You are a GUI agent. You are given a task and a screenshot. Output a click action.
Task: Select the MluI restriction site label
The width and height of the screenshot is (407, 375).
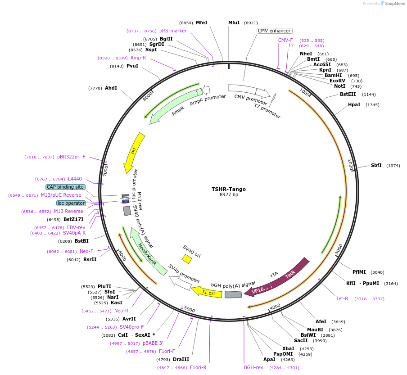tap(234, 23)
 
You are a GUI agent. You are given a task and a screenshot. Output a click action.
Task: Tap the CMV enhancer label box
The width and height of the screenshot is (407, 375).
tap(274, 31)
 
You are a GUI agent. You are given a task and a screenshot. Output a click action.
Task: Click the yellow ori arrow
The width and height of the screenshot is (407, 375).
tap(134, 151)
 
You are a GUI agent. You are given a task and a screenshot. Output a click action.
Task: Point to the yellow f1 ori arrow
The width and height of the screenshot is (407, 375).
tap(207, 293)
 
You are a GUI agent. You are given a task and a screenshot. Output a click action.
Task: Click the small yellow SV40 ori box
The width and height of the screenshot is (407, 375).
tap(186, 259)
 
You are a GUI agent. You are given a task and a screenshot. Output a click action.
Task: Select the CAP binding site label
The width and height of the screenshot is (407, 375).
tap(65, 187)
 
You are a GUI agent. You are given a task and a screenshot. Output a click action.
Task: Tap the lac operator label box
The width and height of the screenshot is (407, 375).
tap(71, 203)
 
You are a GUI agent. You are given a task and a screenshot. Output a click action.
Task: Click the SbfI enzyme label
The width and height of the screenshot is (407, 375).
tap(376, 165)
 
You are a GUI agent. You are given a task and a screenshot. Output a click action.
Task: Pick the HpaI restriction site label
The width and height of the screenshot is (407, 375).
tap(354, 104)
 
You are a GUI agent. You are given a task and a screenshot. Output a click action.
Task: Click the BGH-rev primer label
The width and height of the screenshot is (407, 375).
tap(253, 367)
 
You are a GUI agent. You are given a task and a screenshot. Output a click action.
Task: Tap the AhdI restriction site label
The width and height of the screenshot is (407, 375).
tap(111, 88)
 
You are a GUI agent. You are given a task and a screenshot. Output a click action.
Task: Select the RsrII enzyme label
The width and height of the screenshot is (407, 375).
tap(90, 259)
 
